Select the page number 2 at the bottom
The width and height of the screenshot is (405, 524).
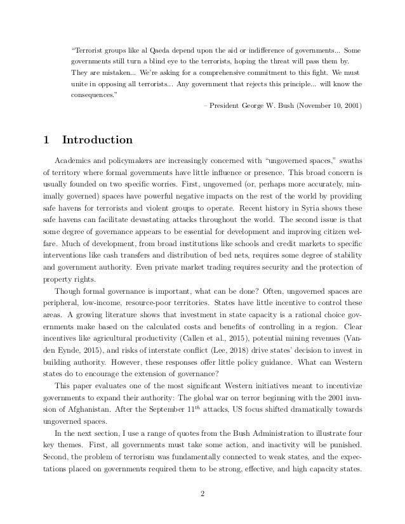(202, 495)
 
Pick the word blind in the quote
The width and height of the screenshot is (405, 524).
(172, 62)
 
